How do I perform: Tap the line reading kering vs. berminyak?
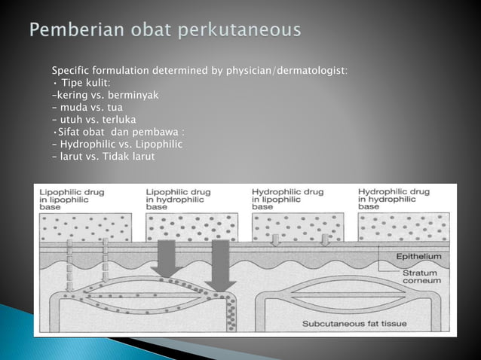(x=106, y=95)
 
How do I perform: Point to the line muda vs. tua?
(x=88, y=107)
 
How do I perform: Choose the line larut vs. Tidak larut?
(x=103, y=156)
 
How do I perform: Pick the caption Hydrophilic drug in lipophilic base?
(x=287, y=199)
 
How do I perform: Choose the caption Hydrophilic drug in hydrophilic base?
(x=394, y=199)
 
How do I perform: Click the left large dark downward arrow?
(x=167, y=256)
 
